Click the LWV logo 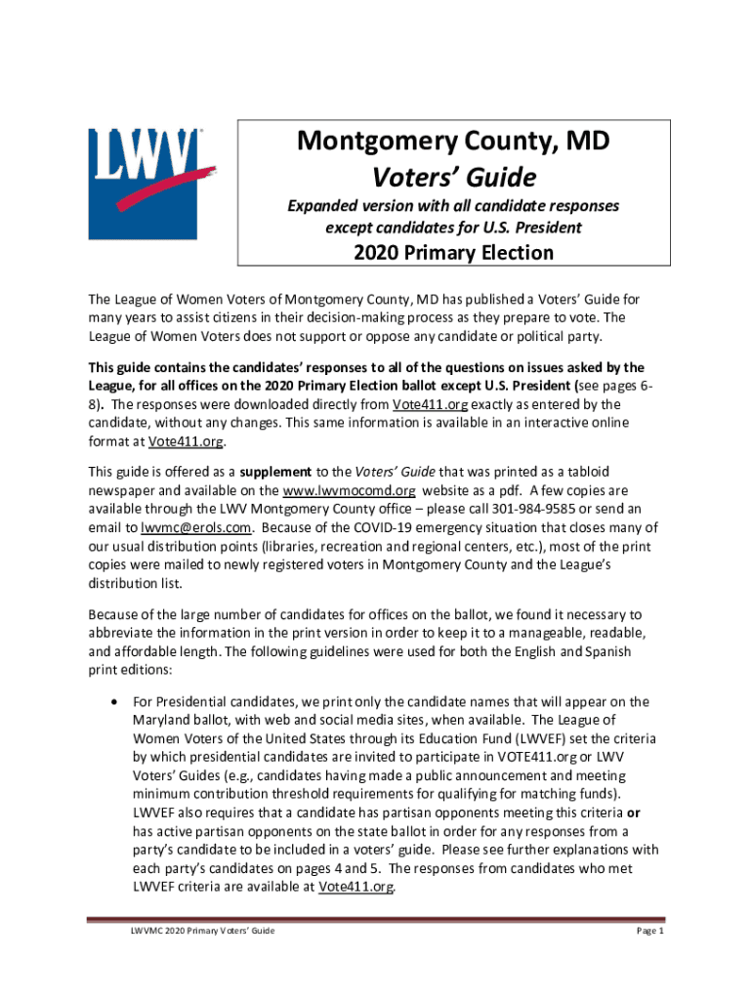coord(151,183)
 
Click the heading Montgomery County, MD coord(453,143)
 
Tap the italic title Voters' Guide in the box coord(453,178)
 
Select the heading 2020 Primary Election coord(453,253)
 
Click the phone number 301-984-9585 coord(529,509)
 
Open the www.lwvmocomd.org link coord(349,490)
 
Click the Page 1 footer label coord(650,932)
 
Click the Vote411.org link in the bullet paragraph coord(356,887)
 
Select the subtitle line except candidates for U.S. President coord(453,228)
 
